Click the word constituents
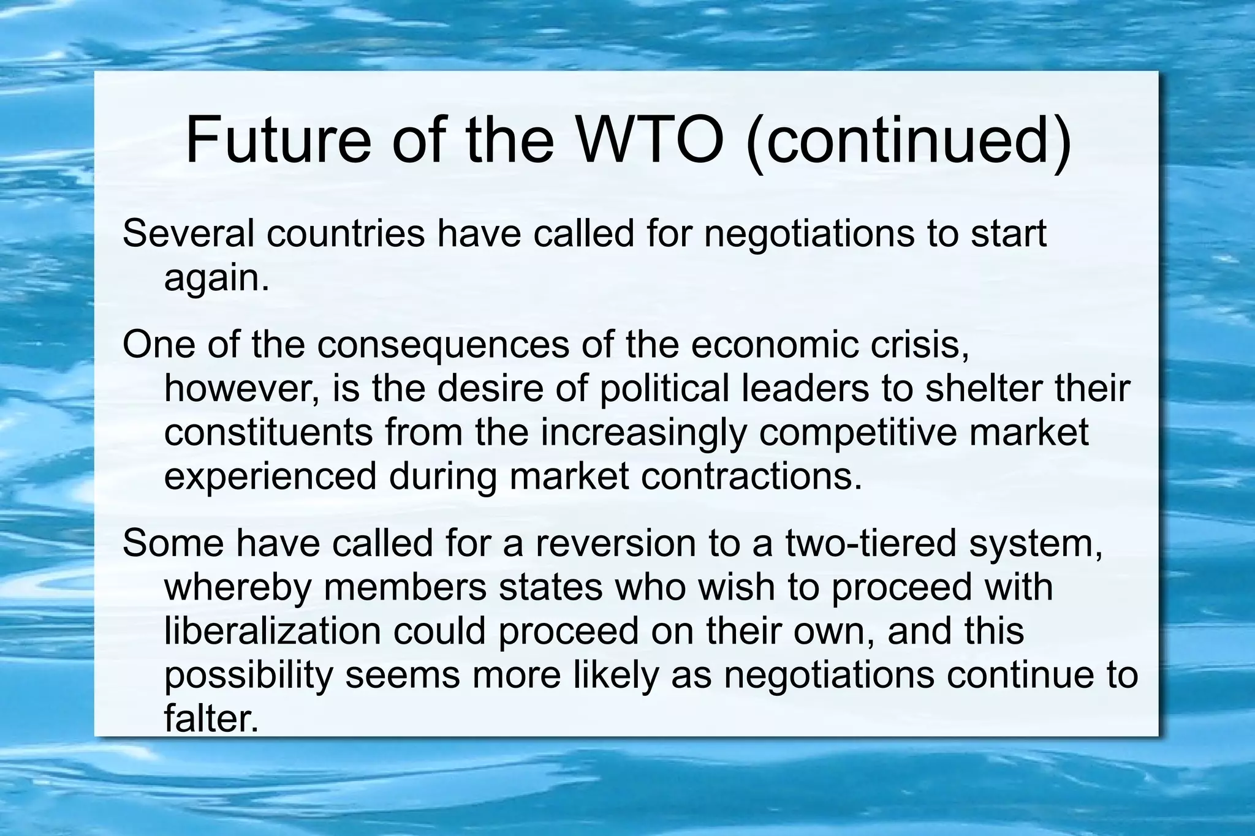tap(268, 432)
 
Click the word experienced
tap(270, 478)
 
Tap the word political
tap(665, 390)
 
